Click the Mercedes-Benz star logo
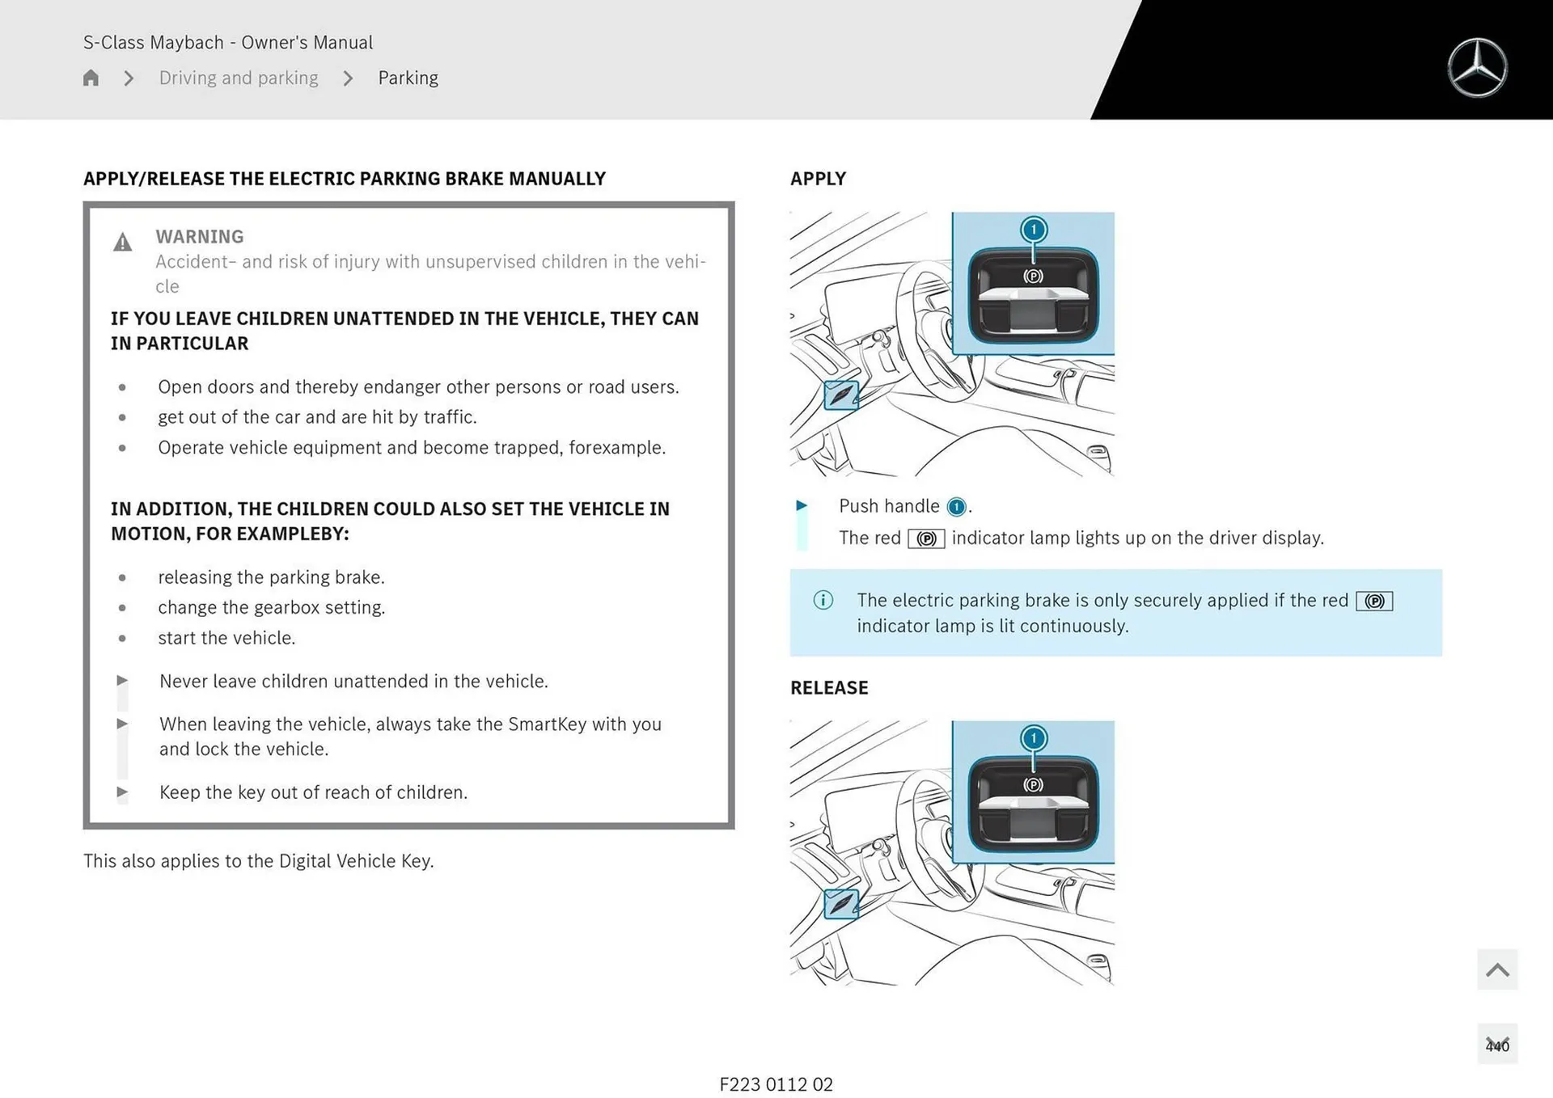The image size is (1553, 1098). coord(1477,68)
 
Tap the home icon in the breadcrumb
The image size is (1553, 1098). coord(91,78)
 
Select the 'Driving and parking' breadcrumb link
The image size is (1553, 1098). coord(239,78)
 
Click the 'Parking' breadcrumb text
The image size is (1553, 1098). coord(408,78)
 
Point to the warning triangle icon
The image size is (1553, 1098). coord(122,242)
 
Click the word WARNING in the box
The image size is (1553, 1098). coord(199,236)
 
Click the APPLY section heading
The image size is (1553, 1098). coord(818,179)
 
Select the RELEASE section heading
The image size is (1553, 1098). coord(829,687)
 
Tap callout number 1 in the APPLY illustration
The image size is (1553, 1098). coord(1033,230)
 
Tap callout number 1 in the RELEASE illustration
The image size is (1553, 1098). coord(1033,738)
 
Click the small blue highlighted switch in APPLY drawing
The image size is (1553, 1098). coord(840,395)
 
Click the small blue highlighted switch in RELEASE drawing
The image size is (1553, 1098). coord(840,903)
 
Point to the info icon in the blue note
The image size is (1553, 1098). coord(823,600)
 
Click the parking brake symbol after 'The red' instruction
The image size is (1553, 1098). coord(926,538)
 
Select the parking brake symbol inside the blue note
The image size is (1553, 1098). coord(1374,601)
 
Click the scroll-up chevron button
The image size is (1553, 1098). coord(1496,969)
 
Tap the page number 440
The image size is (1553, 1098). coord(1496,1045)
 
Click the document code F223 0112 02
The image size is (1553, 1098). coord(776,1084)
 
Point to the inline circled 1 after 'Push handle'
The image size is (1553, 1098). coord(956,507)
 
